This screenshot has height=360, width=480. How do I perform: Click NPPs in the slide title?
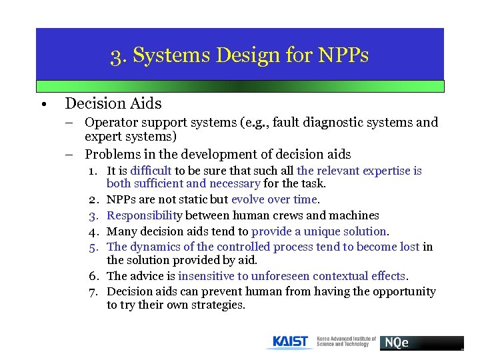[x=343, y=55]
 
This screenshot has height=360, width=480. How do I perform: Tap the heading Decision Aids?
[x=113, y=103]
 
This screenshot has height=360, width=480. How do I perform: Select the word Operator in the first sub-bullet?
[x=109, y=123]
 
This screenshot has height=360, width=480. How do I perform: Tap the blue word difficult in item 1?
[x=151, y=171]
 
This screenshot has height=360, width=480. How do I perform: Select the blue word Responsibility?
[x=144, y=215]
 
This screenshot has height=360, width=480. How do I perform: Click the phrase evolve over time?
[x=275, y=199]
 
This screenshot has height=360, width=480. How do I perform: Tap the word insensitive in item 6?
[x=205, y=276]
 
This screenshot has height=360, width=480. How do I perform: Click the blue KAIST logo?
[x=290, y=342]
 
